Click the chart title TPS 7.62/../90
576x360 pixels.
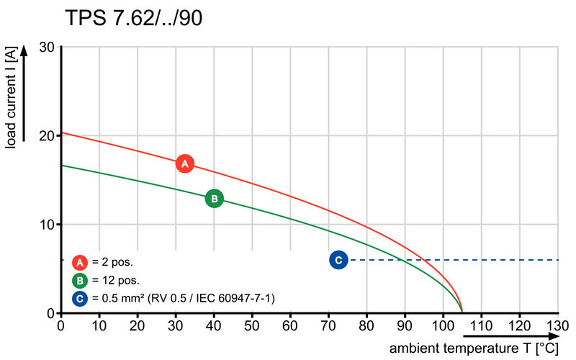click(x=133, y=19)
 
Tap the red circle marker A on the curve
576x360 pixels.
click(x=185, y=163)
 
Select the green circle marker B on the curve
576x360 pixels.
click(x=214, y=199)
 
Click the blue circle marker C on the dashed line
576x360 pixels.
click(x=338, y=260)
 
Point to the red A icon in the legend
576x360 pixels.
click(x=80, y=262)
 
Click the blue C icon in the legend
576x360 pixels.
click(x=80, y=297)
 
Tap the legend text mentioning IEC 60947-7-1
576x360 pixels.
click(x=183, y=297)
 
